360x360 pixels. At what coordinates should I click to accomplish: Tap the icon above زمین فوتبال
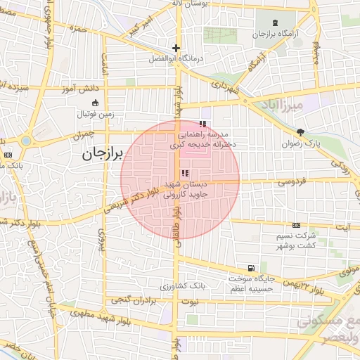click(95, 103)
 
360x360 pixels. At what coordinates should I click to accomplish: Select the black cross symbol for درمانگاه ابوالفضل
click(176, 49)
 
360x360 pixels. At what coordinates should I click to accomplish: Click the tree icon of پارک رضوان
click(301, 131)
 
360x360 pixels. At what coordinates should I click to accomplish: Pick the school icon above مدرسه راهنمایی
click(203, 124)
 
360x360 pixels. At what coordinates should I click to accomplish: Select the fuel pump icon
click(251, 268)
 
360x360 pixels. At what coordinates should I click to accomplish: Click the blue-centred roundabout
click(26, 141)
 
